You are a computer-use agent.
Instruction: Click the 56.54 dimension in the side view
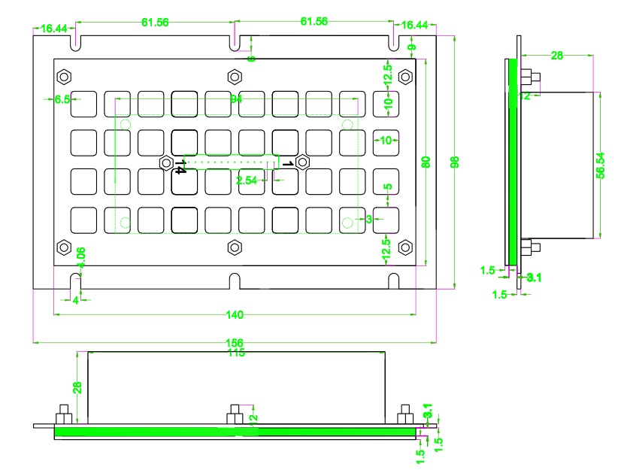tap(600, 165)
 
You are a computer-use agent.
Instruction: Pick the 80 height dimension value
tap(426, 161)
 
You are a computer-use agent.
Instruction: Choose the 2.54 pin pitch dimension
tap(247, 180)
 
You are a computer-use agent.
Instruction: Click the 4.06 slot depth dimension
tap(82, 257)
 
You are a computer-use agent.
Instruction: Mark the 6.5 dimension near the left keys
tap(62, 99)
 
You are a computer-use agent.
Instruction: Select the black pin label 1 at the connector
tap(286, 162)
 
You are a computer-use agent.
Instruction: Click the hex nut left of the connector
tap(165, 162)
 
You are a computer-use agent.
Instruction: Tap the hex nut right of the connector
tap(302, 162)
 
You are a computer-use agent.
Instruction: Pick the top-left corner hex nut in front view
tap(64, 77)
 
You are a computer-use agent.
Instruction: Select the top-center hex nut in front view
tap(235, 77)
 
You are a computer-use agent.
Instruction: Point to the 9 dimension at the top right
tap(410, 48)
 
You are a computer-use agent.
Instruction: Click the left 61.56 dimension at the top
tap(155, 23)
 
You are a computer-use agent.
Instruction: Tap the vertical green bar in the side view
tap(512, 161)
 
